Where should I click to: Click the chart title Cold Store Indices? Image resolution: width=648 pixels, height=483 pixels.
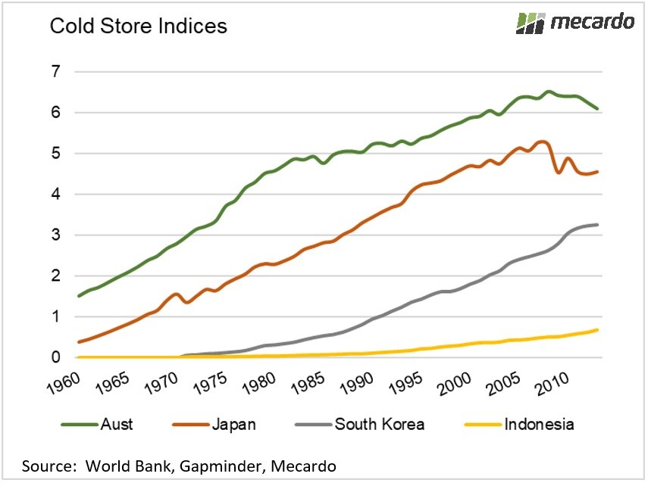click(138, 26)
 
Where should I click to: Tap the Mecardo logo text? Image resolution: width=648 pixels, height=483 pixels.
click(591, 22)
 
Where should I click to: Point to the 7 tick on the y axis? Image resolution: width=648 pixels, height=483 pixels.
click(57, 72)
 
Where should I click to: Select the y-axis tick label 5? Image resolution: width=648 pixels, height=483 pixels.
click(57, 154)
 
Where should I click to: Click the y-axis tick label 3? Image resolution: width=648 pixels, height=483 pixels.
click(57, 235)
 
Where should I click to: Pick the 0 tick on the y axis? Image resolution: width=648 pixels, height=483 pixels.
click(57, 357)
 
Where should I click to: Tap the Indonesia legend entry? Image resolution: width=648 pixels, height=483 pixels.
click(539, 424)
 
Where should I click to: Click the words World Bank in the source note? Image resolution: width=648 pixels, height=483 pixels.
click(120, 465)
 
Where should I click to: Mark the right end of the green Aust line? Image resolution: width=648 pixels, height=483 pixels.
click(598, 109)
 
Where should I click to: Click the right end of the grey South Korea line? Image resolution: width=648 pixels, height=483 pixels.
click(598, 225)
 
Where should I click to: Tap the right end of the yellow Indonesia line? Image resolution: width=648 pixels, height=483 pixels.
click(598, 330)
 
